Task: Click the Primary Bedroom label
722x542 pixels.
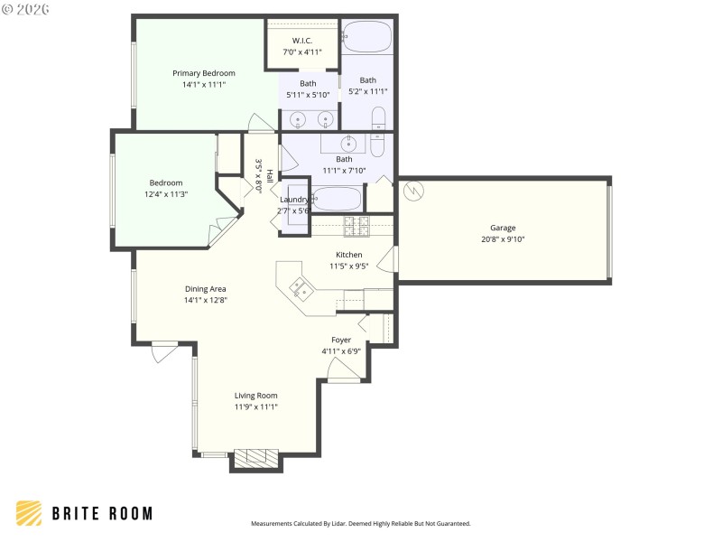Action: point(204,73)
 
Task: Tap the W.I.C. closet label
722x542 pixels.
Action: point(301,42)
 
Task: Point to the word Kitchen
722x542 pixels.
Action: point(348,255)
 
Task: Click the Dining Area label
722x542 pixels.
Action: point(205,289)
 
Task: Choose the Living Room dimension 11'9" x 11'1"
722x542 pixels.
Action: point(255,406)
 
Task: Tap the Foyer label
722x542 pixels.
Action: point(341,340)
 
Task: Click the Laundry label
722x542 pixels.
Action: point(294,200)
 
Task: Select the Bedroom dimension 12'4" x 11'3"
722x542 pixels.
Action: point(165,194)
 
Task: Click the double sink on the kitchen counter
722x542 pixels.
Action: point(301,289)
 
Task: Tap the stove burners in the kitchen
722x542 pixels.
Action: point(356,224)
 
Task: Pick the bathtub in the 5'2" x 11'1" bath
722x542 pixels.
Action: point(367,37)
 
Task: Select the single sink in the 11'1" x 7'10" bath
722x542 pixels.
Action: point(347,143)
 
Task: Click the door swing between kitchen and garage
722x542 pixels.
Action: point(386,260)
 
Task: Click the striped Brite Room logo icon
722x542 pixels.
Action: point(29,514)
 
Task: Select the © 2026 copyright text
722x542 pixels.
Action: point(26,9)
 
